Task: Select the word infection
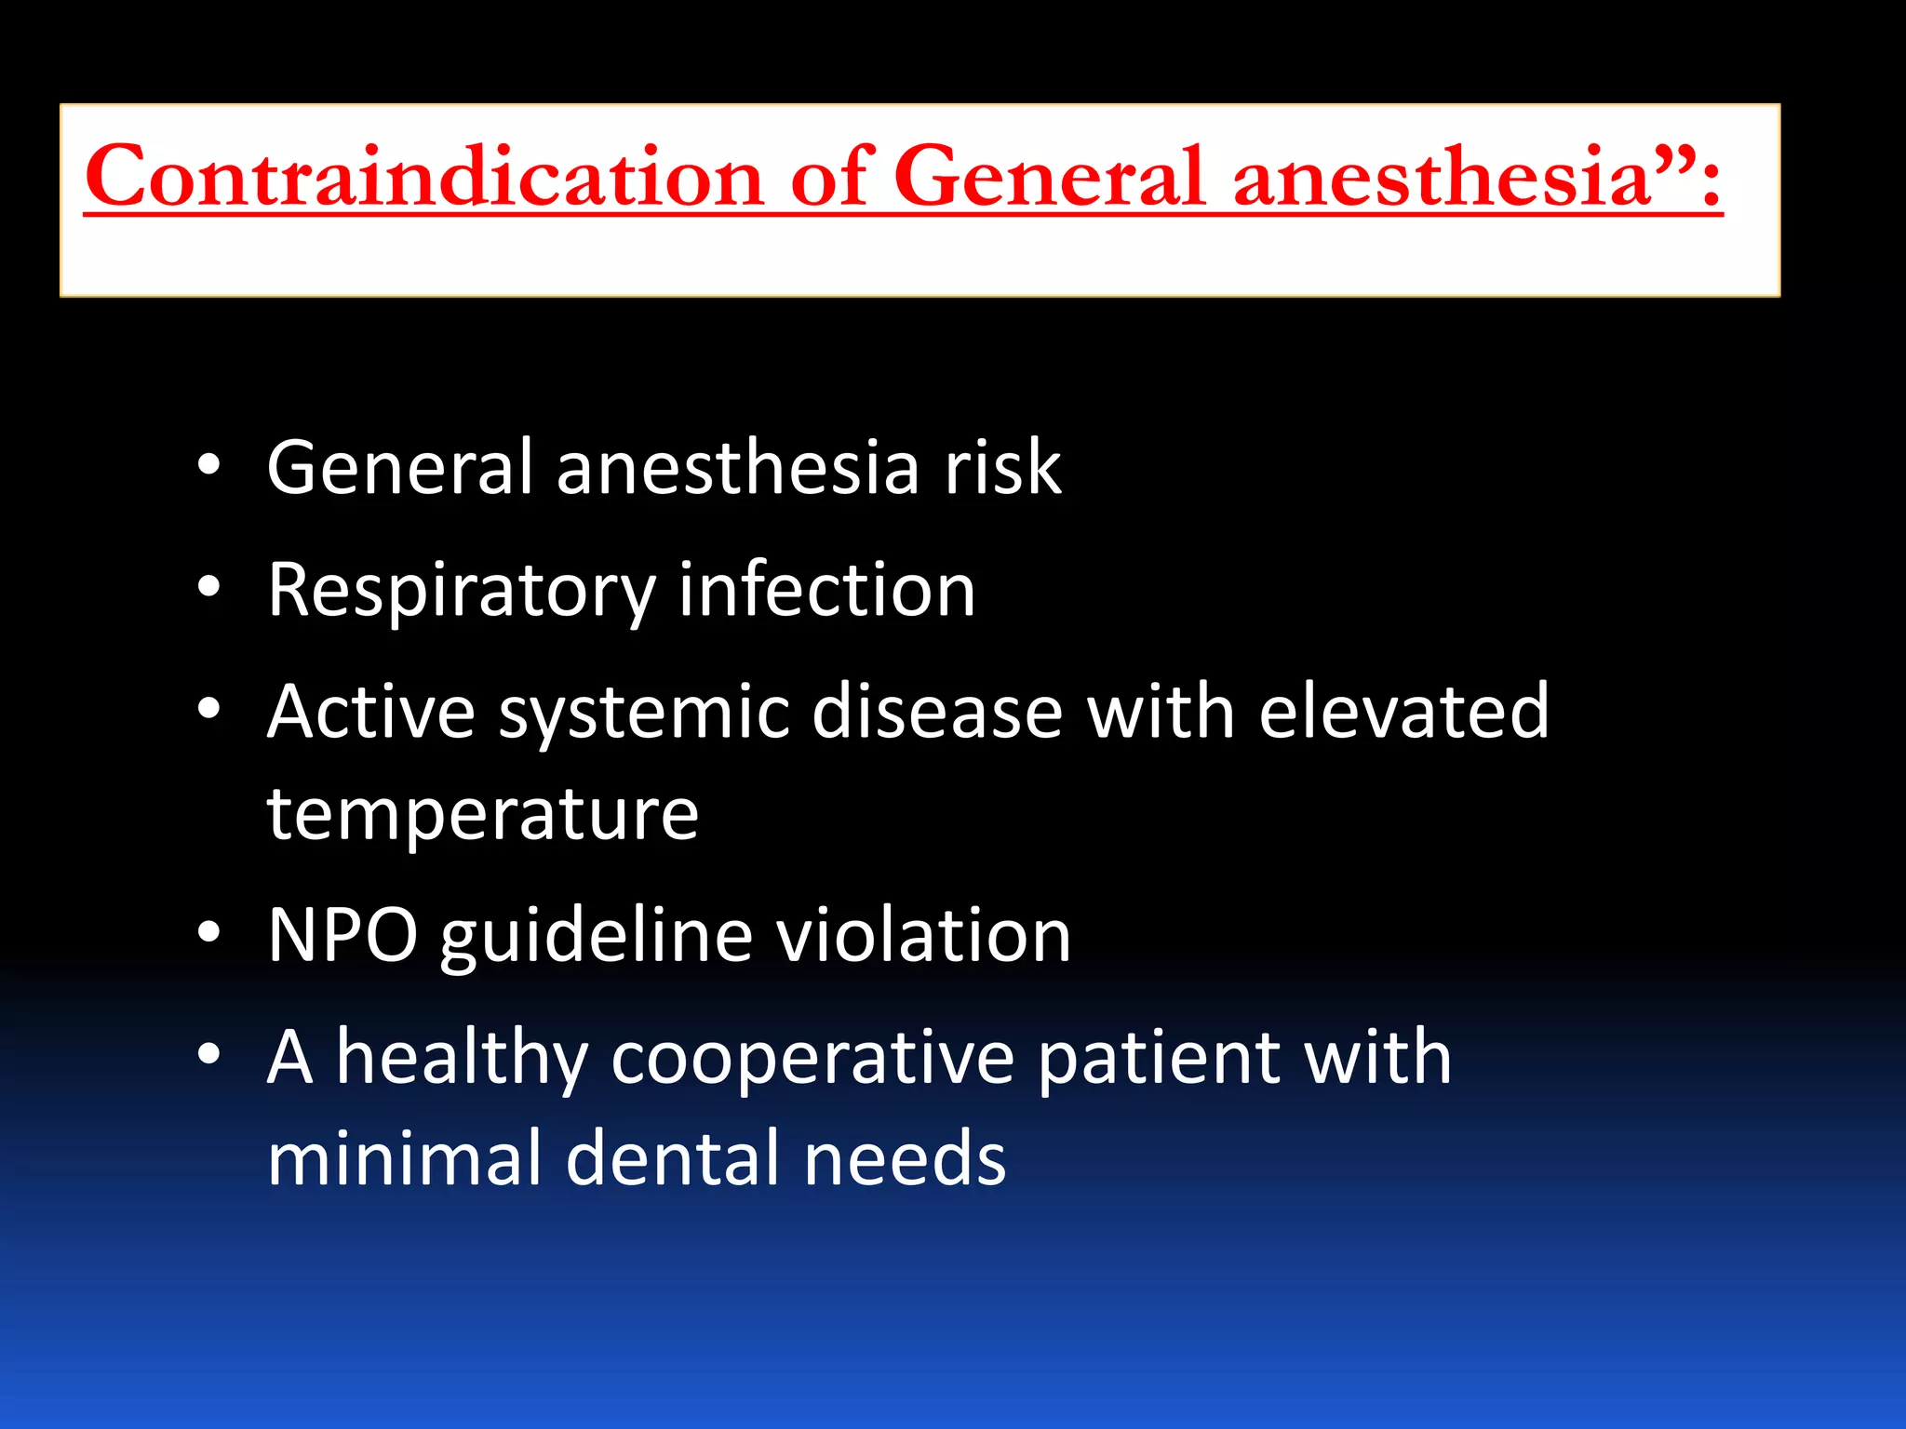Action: (x=826, y=590)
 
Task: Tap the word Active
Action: (x=371, y=712)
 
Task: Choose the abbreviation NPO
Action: (x=342, y=935)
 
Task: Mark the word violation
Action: (x=923, y=935)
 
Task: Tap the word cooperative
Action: (x=812, y=1059)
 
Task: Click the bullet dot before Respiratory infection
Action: (x=209, y=588)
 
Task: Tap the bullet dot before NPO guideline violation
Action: (x=209, y=933)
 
